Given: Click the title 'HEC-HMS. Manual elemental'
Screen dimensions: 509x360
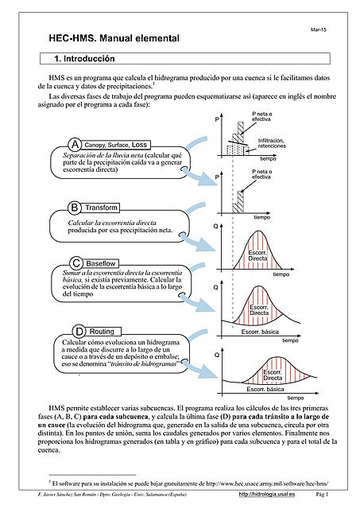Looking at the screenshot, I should point(115,37).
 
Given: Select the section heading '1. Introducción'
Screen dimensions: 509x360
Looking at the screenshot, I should point(84,59).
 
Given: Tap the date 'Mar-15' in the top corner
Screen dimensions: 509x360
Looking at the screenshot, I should point(319,29).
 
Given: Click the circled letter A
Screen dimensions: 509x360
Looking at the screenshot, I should point(75,144).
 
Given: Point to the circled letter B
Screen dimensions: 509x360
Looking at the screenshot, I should point(75,207).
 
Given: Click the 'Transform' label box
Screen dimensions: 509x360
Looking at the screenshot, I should point(102,208).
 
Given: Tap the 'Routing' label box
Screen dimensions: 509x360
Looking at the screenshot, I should point(102,331).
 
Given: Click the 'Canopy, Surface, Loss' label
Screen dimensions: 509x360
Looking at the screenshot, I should point(117,145).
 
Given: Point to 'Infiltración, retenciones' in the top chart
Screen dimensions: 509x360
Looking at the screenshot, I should point(271,142).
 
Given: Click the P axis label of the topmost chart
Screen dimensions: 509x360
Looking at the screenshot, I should point(217,120).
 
